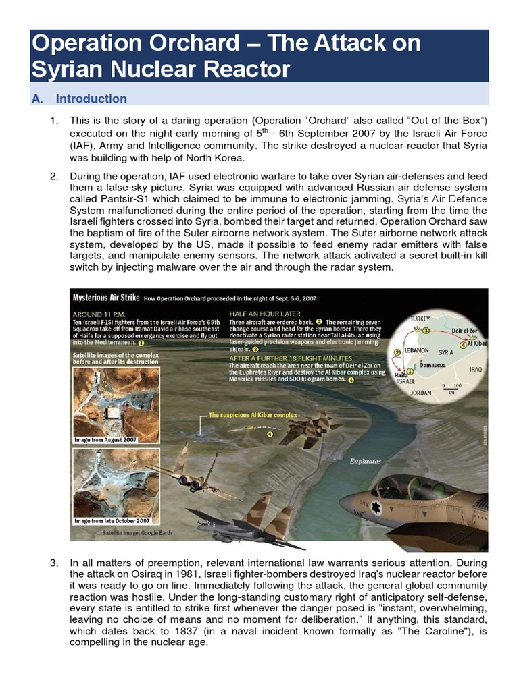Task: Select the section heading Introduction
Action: [91, 99]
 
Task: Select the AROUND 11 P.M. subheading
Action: [101, 314]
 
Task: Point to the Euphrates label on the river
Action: [365, 462]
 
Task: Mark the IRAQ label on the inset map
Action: [476, 369]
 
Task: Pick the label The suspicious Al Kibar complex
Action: [252, 415]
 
